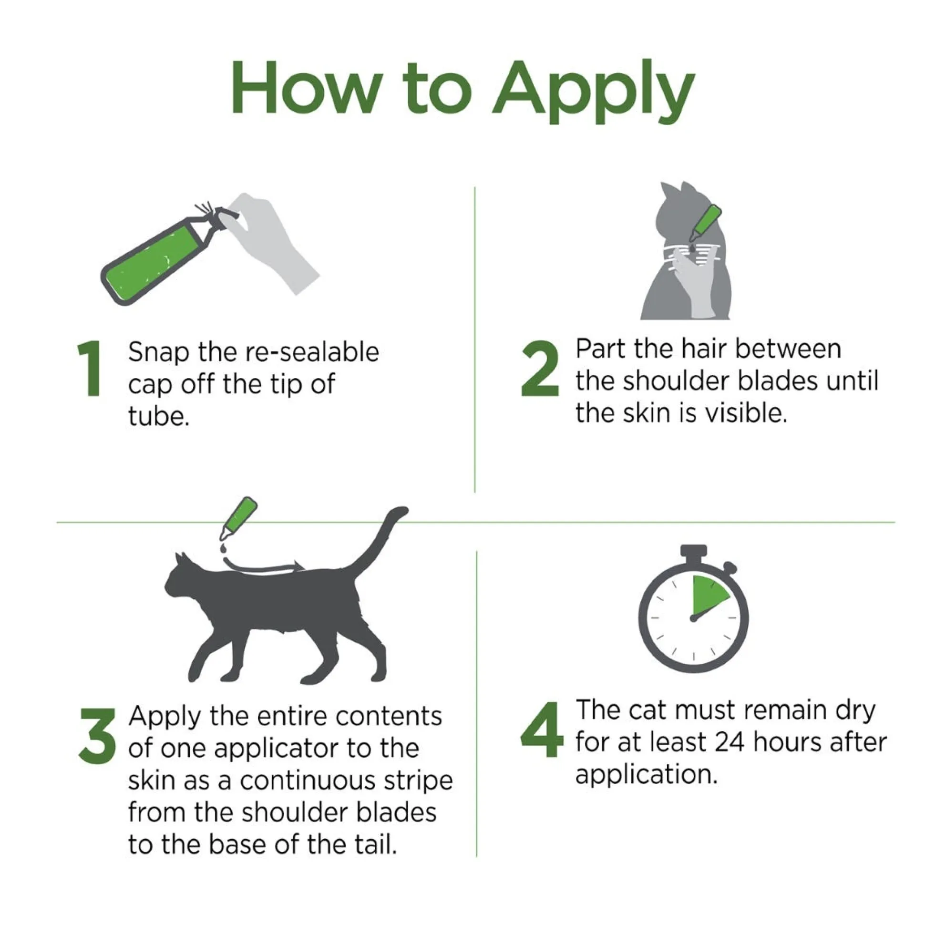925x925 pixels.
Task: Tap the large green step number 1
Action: pyautogui.click(x=91, y=368)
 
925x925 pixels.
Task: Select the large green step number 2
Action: pyautogui.click(x=540, y=368)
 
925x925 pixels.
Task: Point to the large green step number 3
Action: pyautogui.click(x=97, y=735)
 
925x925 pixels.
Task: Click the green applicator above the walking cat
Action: pyautogui.click(x=239, y=518)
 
